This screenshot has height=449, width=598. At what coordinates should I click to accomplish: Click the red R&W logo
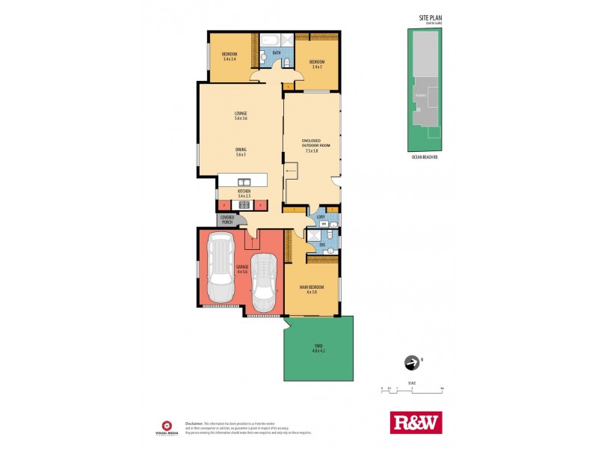tap(416, 422)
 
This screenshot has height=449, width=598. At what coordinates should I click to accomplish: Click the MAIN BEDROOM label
tap(310, 289)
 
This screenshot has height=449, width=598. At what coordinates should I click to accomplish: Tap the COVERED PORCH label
tap(227, 219)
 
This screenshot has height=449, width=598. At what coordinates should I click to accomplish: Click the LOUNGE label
tap(240, 115)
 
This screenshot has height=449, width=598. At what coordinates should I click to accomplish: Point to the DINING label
tap(241, 150)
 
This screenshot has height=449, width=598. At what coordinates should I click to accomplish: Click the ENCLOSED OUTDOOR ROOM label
tap(312, 145)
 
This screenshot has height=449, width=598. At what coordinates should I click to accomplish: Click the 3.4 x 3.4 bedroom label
tap(229, 56)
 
